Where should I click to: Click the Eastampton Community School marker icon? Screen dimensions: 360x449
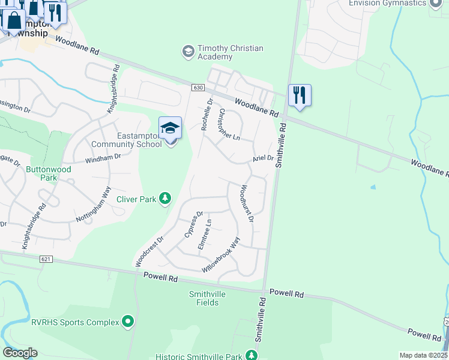[170, 128]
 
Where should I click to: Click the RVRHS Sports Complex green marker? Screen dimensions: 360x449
[127, 322]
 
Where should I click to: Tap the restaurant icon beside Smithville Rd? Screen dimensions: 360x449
[300, 95]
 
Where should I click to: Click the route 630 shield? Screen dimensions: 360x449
[198, 88]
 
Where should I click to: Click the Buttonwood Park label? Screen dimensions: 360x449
[49, 174]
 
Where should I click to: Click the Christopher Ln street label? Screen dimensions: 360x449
[229, 124]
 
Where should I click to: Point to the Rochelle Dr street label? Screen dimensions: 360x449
[206, 115]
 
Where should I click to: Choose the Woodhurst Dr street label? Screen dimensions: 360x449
[247, 203]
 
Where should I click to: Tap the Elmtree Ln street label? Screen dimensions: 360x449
[205, 234]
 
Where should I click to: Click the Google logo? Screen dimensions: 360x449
[20, 352]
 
